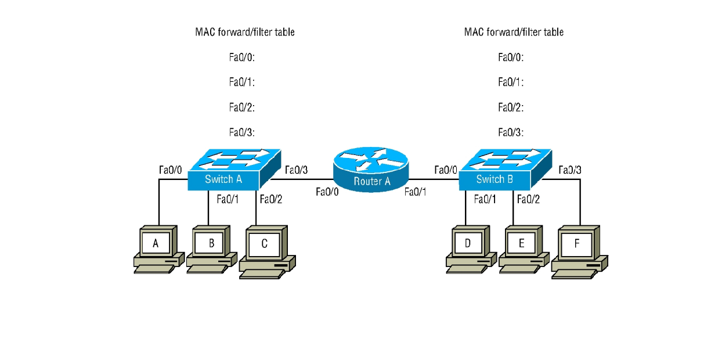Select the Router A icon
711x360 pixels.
[x=371, y=168]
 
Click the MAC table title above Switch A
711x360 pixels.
[x=244, y=33]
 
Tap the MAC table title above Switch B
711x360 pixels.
[x=514, y=33]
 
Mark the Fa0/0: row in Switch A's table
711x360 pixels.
[x=242, y=57]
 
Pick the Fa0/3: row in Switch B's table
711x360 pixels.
[x=511, y=133]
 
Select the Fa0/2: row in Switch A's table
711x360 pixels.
[x=242, y=108]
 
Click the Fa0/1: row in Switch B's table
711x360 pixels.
[x=511, y=83]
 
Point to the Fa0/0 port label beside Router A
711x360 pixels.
[x=327, y=192]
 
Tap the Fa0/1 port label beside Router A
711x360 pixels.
[x=416, y=192]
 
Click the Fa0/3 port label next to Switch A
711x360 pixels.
[x=296, y=170]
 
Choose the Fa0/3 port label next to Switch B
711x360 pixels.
[x=570, y=170]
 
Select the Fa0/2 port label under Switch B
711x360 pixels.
[x=528, y=200]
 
